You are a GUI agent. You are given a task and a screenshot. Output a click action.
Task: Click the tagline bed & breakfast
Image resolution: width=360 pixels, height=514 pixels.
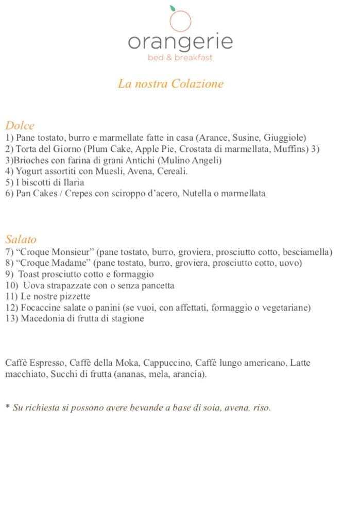[180, 58]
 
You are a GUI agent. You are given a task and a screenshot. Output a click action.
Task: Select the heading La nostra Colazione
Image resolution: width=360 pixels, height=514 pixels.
[170, 83]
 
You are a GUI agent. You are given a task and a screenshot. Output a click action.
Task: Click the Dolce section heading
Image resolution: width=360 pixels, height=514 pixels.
[20, 125]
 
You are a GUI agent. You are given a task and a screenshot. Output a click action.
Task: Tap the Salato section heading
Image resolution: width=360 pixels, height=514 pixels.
[21, 239]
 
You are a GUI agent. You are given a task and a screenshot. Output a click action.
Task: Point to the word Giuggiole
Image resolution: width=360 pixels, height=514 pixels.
[285, 138]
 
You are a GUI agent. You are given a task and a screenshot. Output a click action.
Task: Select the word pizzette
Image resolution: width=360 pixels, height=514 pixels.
[73, 297]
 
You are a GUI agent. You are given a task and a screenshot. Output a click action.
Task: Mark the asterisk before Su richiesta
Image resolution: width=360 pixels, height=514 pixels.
[8, 407]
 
